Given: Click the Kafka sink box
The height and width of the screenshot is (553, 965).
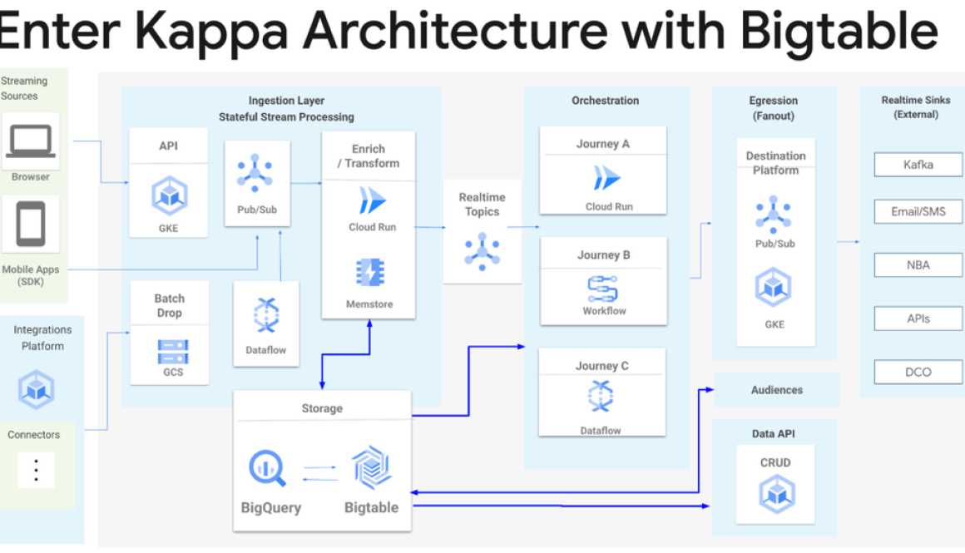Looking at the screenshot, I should click(x=918, y=165).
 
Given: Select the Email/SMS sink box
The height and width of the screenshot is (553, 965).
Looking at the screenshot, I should click(x=918, y=212).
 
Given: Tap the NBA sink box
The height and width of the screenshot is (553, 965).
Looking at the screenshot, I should click(x=918, y=265).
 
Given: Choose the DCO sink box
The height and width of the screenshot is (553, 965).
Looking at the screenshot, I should click(x=918, y=372).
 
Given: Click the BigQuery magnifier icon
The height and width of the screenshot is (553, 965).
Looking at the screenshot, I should click(x=267, y=467).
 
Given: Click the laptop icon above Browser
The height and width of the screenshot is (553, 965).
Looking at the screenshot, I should click(x=31, y=141).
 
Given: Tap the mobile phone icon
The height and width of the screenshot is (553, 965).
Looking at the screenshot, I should click(x=31, y=225).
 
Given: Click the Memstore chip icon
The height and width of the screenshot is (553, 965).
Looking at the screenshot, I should click(x=369, y=273).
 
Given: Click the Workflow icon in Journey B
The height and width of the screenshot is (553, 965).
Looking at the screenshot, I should click(x=602, y=288).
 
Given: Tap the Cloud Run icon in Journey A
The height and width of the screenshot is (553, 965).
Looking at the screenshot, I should click(x=607, y=178).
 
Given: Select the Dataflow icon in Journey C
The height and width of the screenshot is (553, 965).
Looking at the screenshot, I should click(x=601, y=397).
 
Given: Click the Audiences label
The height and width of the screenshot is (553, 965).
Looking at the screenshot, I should click(x=777, y=390).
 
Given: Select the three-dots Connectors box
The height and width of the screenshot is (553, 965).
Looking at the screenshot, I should click(x=36, y=471).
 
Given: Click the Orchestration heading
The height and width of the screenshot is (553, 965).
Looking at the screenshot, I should click(x=605, y=101).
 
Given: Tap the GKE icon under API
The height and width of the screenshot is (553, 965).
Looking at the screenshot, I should click(x=168, y=197).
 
